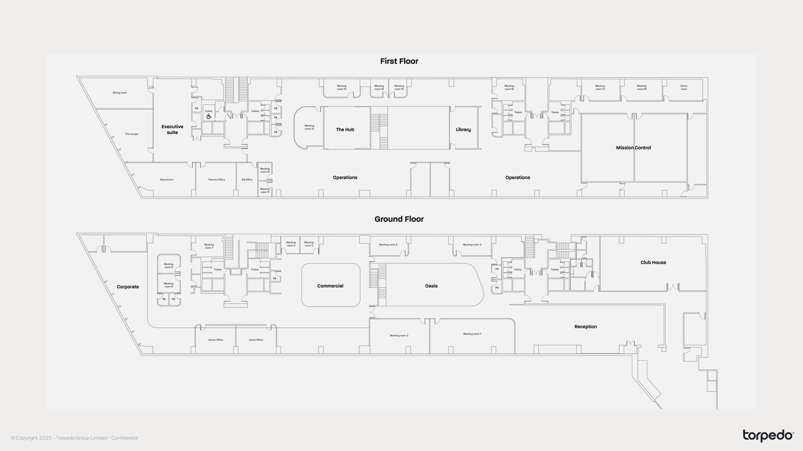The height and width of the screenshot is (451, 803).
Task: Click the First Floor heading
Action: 399,61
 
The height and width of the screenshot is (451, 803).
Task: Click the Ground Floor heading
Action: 399,219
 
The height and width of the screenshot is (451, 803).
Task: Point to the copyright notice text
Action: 74,438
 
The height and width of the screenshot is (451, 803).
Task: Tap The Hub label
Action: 345,129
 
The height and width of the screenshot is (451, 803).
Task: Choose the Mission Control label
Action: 633,148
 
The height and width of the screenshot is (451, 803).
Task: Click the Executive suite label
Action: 172,129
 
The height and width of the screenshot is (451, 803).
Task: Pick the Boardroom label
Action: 167,180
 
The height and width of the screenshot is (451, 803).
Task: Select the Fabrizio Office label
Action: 216,180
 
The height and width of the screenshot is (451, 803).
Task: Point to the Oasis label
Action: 431,286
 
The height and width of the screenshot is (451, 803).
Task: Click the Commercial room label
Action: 330,286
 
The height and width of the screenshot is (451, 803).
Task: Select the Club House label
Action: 653,262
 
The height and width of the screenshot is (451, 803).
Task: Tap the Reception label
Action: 586,327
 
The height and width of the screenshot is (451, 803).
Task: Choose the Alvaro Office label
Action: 216,340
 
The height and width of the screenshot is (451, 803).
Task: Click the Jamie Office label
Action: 256,340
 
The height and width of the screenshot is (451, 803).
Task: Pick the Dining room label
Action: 120,93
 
